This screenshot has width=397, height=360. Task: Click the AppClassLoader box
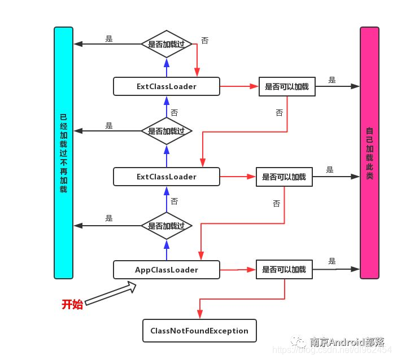pos(166,270)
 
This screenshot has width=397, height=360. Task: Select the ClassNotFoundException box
pos(199,331)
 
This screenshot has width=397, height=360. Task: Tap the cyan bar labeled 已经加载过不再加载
pos(64,152)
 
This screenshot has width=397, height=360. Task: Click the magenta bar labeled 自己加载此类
pos(369,152)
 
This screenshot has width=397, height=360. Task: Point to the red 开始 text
pos(72,305)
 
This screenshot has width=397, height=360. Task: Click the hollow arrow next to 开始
pos(111,295)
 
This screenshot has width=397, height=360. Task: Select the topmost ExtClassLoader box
pos(166,86)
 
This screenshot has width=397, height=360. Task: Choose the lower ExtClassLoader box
pos(166,177)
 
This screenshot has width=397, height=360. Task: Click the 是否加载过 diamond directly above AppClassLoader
pos(166,226)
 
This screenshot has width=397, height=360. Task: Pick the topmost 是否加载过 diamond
pos(166,43)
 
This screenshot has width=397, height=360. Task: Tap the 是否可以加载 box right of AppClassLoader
pos(284,270)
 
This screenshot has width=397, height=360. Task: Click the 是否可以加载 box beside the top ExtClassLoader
pos(287,86)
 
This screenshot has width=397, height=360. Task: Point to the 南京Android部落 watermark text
pos(347,342)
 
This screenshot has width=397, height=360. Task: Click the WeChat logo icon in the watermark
pos(298,342)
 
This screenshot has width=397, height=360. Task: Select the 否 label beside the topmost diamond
pos(204,41)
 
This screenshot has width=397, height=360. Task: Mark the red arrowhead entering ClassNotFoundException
pos(199,316)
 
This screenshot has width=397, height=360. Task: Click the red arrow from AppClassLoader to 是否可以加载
pos(237,270)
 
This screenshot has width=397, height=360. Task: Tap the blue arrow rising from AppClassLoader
pos(166,251)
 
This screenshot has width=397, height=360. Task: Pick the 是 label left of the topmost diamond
pos(109,39)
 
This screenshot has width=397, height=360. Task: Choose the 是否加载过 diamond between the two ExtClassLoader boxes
pos(166,130)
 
